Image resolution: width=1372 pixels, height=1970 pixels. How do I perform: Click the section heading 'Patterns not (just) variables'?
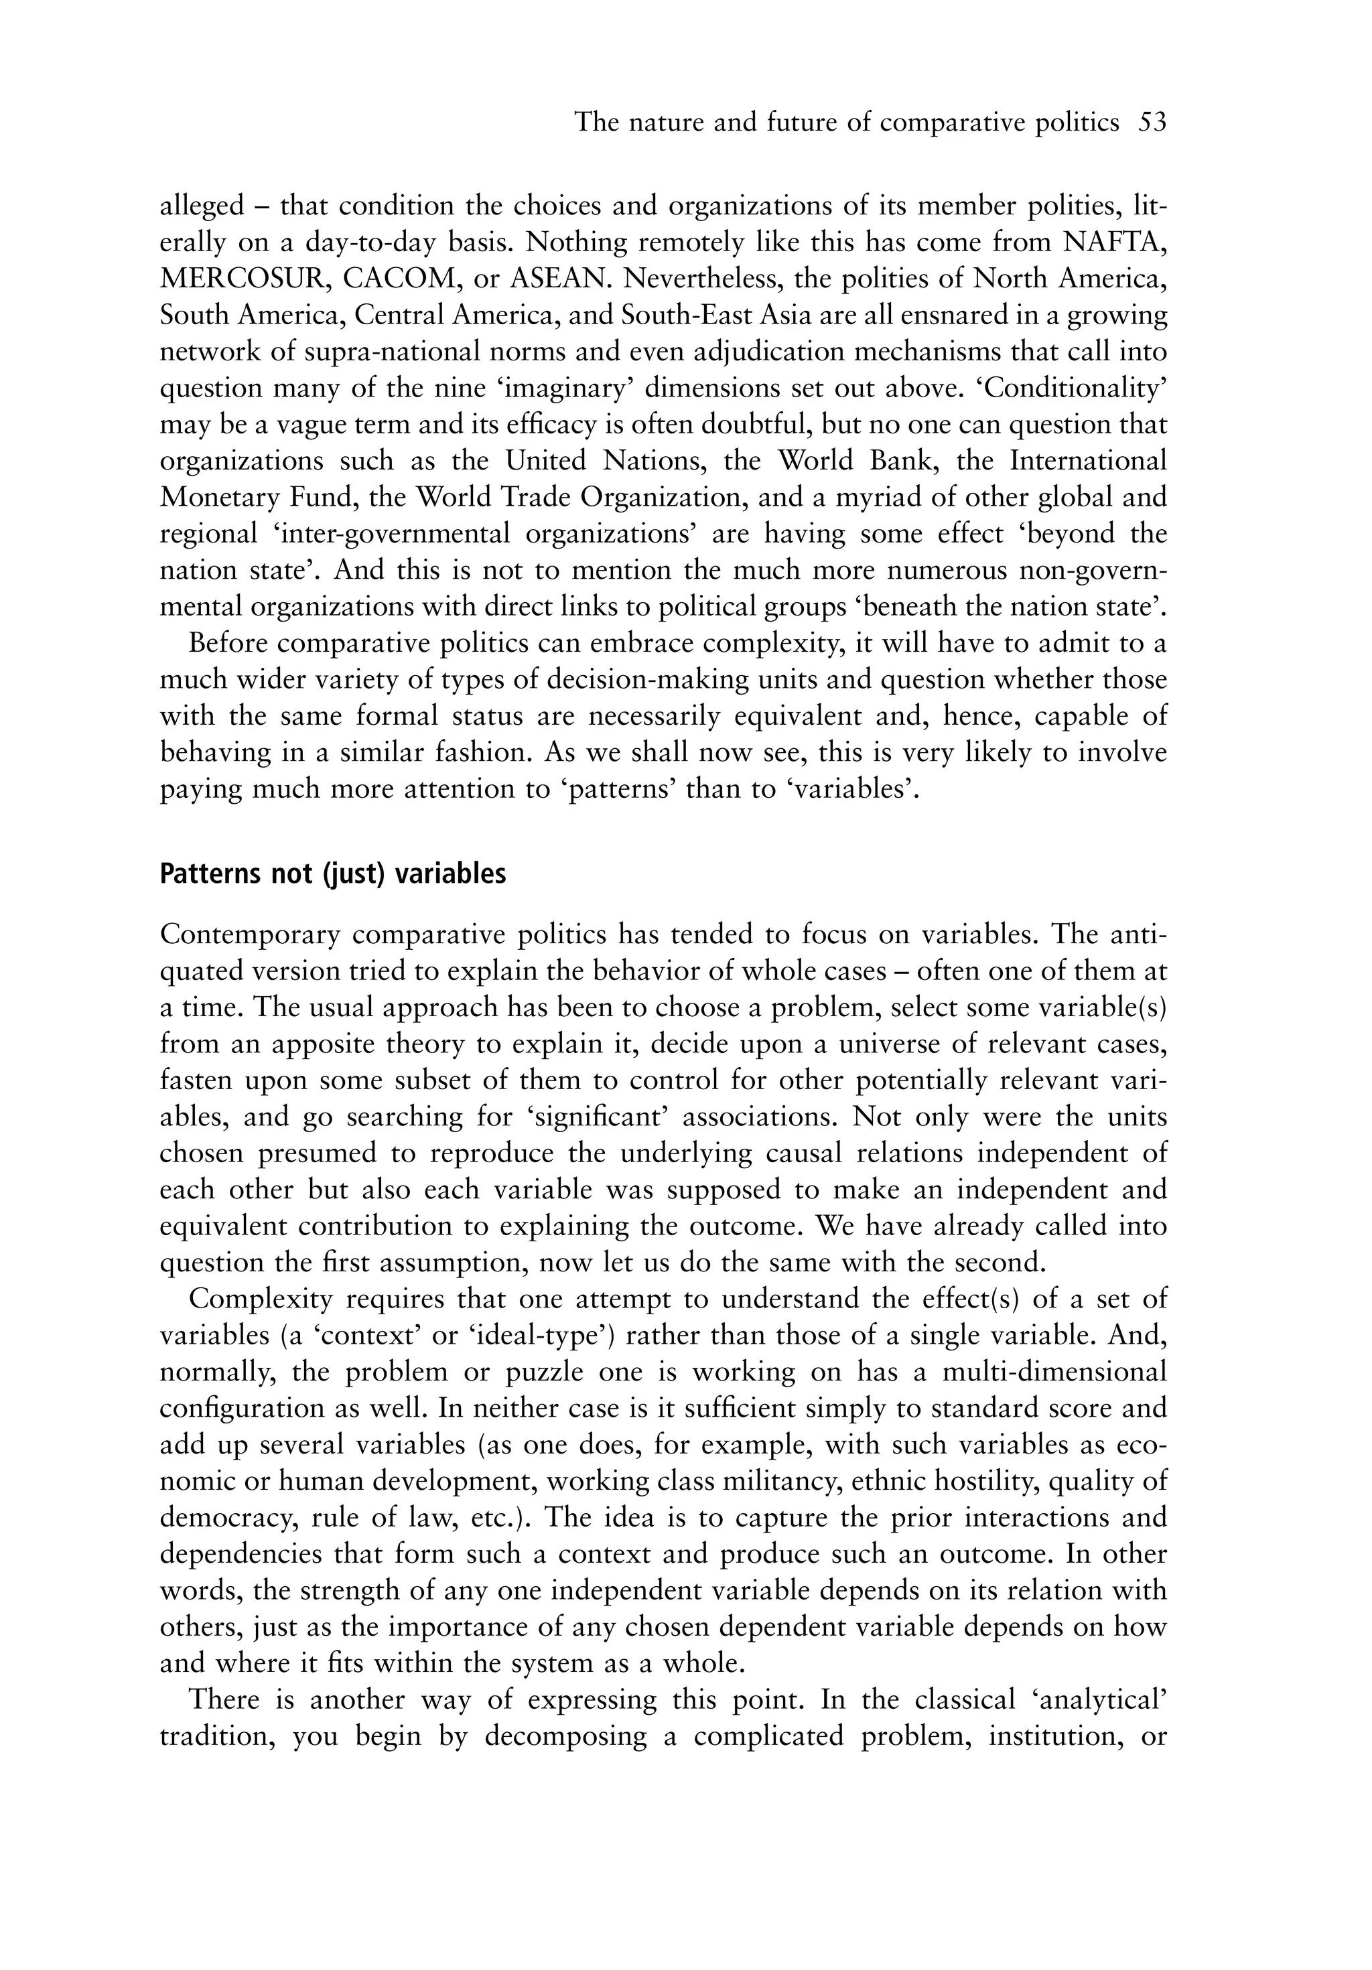[x=332, y=874]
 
